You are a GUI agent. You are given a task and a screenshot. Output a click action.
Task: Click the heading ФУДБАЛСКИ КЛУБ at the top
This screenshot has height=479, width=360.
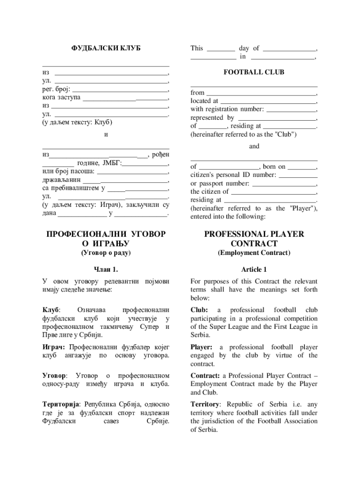[x=106, y=48]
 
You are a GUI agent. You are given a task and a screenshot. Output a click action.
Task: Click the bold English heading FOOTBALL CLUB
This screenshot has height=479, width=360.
[x=254, y=73]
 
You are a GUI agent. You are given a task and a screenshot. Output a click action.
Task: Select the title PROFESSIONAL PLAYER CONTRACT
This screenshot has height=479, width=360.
[x=254, y=239]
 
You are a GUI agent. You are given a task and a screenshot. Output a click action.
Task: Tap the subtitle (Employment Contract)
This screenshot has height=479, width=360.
[x=254, y=253]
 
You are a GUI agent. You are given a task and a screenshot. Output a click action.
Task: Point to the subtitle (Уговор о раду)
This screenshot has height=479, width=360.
[x=106, y=253]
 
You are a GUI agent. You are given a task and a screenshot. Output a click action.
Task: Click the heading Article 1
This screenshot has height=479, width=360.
[x=254, y=270]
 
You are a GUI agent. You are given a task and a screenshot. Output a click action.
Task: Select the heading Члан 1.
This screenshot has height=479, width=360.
[x=106, y=270]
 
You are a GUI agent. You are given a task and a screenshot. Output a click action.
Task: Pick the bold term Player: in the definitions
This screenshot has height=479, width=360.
[x=202, y=347]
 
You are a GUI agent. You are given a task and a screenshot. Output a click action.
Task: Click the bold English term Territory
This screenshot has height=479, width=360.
[x=205, y=404]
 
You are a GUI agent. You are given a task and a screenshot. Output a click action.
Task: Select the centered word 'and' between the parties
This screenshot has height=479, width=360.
[x=254, y=146]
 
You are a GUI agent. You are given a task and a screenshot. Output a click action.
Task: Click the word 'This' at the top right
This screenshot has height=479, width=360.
[x=197, y=48]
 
